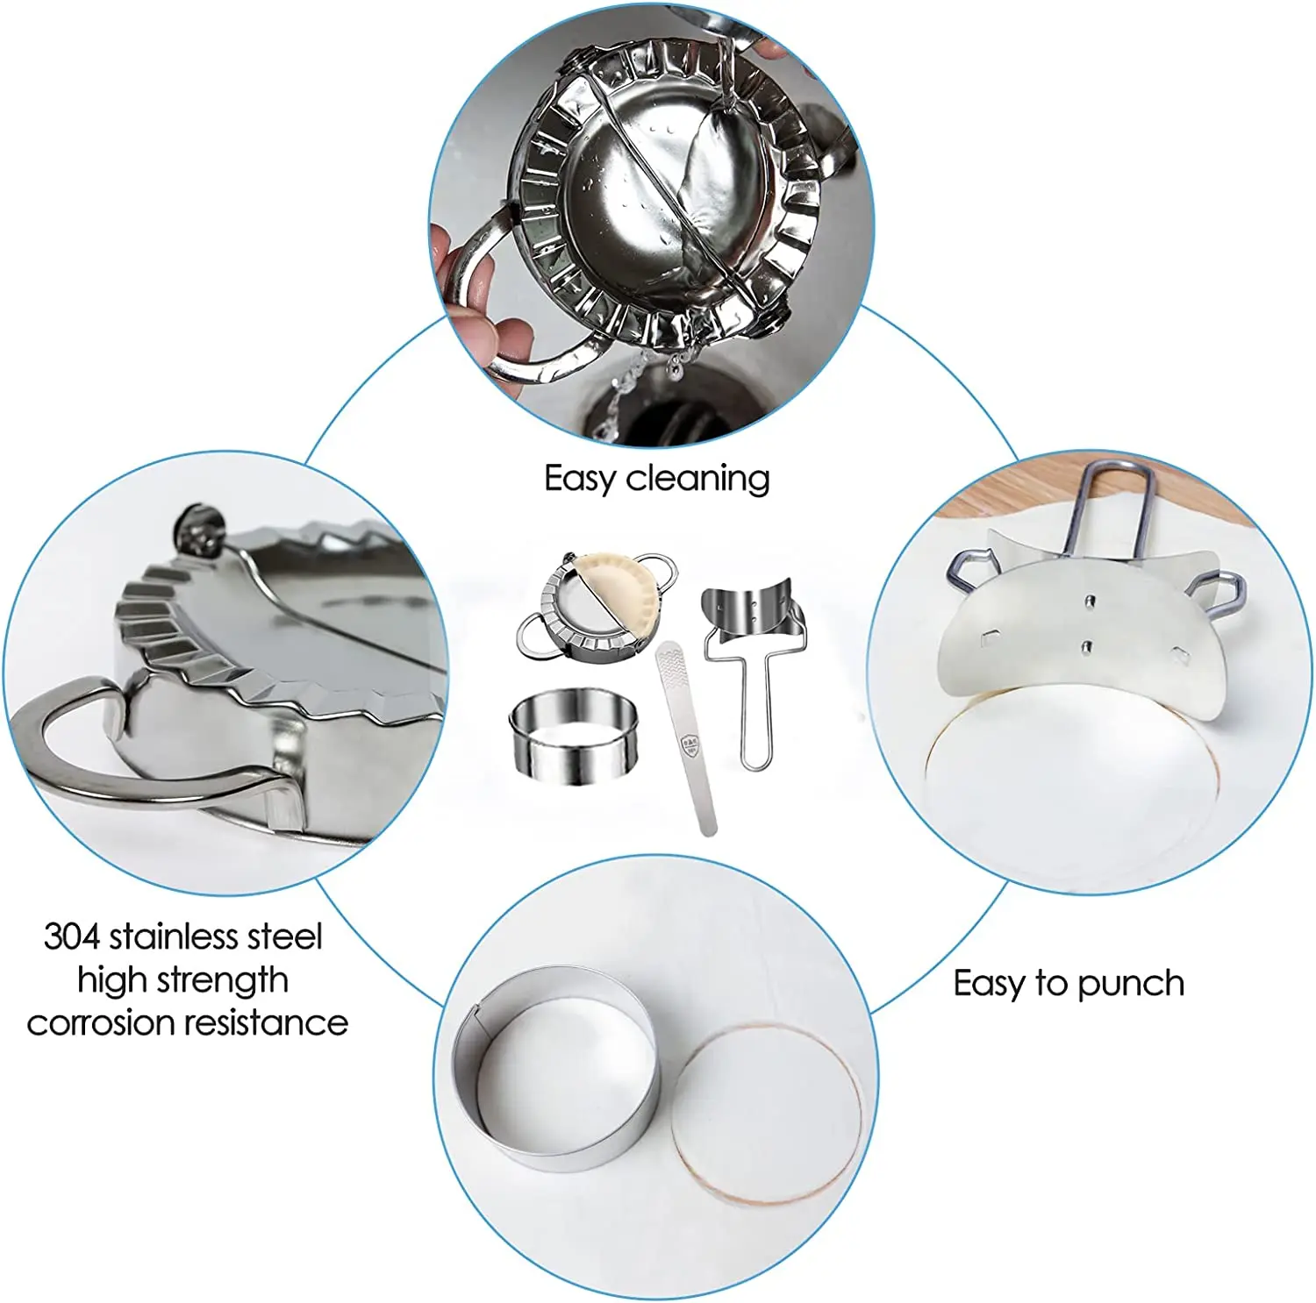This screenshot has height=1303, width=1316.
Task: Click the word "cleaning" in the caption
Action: coord(697,479)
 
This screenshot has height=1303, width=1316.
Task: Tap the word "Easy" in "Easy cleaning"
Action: coord(579,479)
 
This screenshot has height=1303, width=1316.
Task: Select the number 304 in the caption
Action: coord(72,936)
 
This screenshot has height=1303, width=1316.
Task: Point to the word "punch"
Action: coord(1130,984)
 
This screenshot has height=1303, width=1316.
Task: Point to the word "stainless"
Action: coord(174,936)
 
